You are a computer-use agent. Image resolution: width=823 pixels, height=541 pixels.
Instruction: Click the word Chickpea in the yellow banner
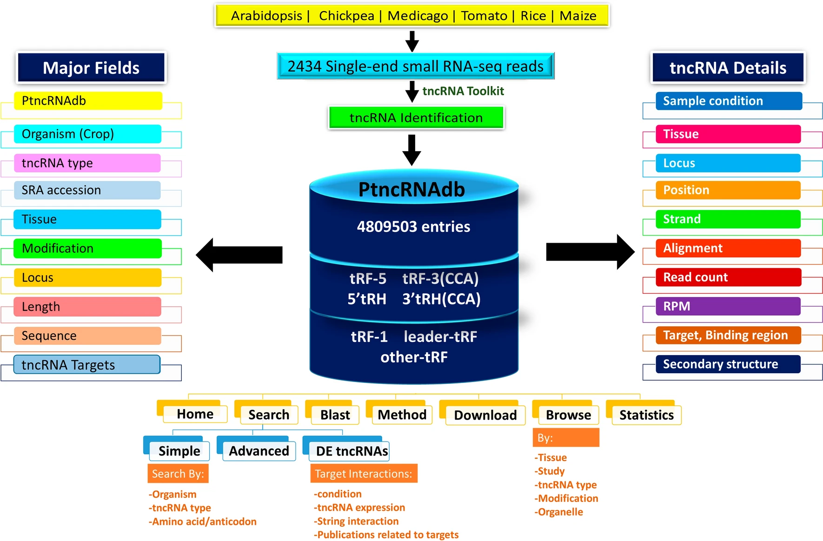[x=346, y=16]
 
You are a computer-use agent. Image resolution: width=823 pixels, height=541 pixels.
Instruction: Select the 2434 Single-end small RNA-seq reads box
[x=415, y=66]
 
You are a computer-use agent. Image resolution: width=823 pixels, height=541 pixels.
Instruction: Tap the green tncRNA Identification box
[x=416, y=118]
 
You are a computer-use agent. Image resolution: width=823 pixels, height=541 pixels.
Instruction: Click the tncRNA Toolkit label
[x=463, y=91]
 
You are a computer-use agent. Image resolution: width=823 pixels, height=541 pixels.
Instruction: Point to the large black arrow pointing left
[x=239, y=255]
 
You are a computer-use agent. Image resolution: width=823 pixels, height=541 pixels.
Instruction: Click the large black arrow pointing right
[x=590, y=252]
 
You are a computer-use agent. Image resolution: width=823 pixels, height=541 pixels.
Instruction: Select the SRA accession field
[x=87, y=190]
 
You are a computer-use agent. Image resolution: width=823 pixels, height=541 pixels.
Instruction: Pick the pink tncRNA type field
[x=87, y=163]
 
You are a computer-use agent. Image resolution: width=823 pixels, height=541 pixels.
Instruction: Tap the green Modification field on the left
[x=87, y=248]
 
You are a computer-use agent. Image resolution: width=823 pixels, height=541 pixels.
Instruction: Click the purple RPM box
[x=728, y=306]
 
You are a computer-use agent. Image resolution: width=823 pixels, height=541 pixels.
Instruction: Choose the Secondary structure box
[x=728, y=364]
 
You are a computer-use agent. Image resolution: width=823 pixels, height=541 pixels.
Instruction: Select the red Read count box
[x=728, y=277]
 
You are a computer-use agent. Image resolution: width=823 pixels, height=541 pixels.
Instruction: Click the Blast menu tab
[x=335, y=415]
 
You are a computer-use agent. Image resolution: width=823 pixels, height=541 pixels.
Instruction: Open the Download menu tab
[x=485, y=415]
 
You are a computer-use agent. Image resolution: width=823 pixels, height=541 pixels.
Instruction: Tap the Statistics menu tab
[x=646, y=415]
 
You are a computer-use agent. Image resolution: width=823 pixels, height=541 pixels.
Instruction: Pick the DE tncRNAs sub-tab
[x=352, y=451]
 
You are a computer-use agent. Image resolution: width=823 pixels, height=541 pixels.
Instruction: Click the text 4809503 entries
[x=413, y=227]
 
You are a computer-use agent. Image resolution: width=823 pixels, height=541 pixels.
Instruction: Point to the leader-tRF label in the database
[x=440, y=336]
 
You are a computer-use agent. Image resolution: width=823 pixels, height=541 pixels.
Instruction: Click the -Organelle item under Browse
[x=559, y=512]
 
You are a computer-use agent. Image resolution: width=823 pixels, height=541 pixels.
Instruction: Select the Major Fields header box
[x=91, y=68]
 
